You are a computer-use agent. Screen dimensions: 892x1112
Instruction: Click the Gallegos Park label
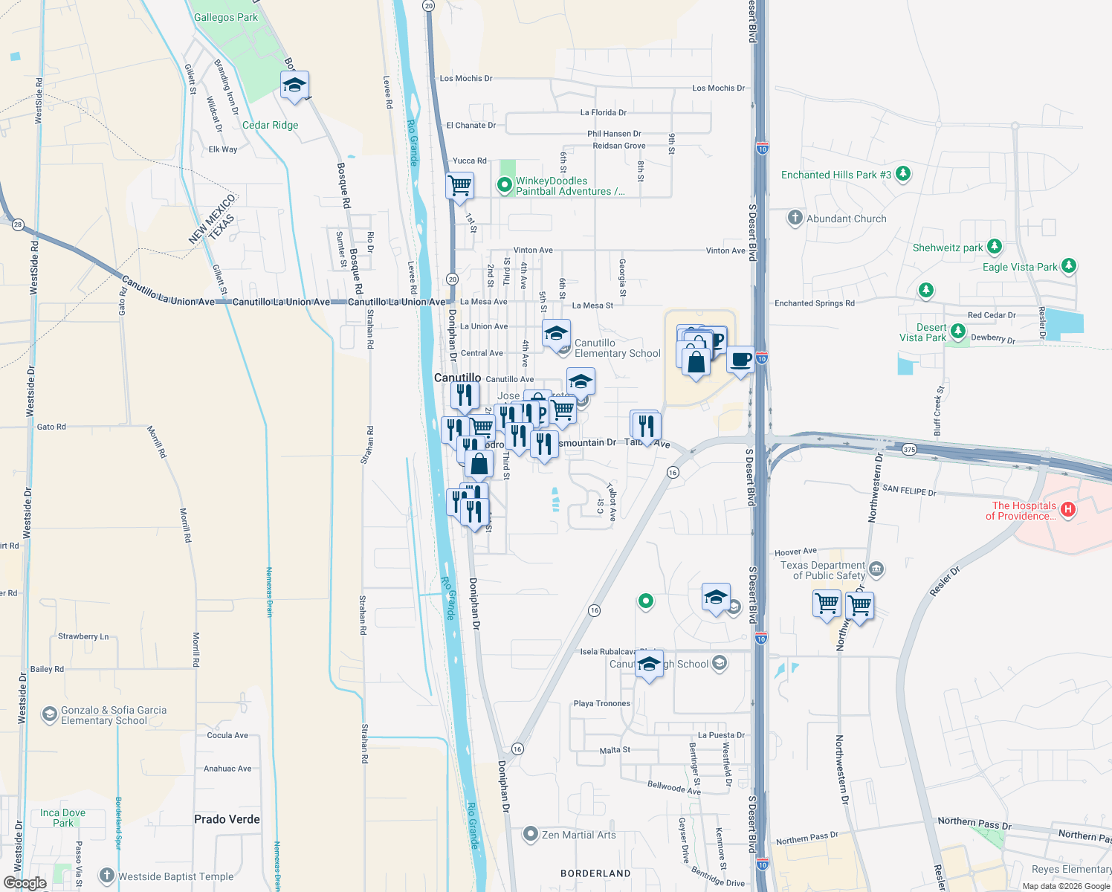(x=226, y=17)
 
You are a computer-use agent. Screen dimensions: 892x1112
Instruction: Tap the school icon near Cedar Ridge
(x=294, y=85)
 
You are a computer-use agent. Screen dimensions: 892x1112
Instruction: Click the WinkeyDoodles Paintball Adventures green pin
(x=505, y=184)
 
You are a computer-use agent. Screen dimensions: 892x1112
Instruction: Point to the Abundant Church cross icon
(x=795, y=218)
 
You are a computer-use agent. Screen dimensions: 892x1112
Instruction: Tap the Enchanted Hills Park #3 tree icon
(x=903, y=174)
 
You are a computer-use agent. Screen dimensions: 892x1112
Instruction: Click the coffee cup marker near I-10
(x=740, y=360)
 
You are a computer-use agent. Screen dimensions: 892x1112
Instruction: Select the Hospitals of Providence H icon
(x=1068, y=509)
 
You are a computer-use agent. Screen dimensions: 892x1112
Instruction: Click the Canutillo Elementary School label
(x=617, y=348)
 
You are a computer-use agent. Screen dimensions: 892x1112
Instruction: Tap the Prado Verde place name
(x=227, y=819)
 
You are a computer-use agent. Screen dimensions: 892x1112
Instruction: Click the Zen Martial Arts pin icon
(x=530, y=834)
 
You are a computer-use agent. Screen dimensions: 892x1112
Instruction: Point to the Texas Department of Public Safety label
(x=824, y=570)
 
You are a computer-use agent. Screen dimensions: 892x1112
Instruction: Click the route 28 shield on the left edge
(x=18, y=224)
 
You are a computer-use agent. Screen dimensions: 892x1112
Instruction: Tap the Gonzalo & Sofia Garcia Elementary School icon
(x=50, y=715)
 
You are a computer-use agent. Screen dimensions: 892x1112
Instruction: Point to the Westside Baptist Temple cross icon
(x=107, y=876)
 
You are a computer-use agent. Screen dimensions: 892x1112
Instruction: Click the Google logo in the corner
(x=25, y=883)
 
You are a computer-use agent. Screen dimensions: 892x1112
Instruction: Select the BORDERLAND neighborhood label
(x=595, y=873)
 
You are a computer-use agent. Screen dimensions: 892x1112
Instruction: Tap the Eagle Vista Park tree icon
(x=1069, y=265)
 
